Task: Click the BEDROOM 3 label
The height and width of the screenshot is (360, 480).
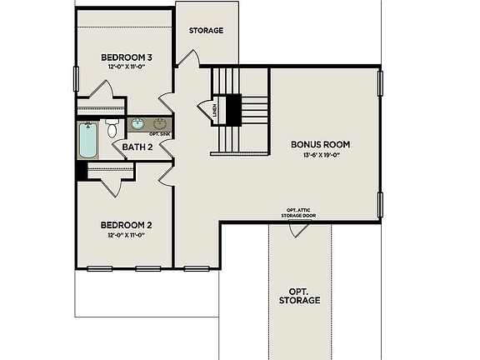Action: coord(126,57)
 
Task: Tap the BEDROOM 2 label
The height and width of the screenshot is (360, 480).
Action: coord(126,225)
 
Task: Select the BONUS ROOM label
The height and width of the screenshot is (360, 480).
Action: coord(320,144)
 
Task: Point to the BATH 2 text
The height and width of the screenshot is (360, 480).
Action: coord(137,147)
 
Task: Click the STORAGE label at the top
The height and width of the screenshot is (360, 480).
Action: coord(206,31)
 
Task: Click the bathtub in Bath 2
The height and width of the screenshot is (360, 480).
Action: coord(88,141)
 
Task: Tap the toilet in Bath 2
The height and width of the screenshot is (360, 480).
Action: coord(112,129)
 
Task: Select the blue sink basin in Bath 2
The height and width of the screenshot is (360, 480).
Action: coord(137,126)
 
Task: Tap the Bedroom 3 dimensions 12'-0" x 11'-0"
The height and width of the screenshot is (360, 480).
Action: coord(126,67)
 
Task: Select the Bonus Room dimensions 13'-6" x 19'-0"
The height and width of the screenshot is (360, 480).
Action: coord(320,154)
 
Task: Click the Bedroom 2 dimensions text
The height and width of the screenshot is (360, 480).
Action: coord(126,235)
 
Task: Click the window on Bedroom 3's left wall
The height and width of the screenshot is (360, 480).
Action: coord(77,82)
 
